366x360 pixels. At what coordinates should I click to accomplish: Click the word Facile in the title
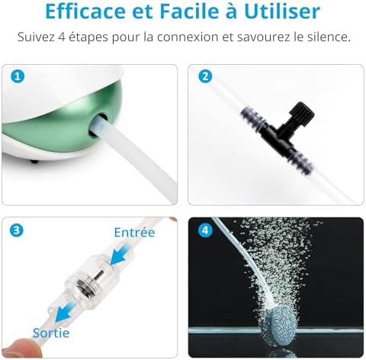[x=182, y=11]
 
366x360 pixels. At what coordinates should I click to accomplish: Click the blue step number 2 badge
[x=204, y=77]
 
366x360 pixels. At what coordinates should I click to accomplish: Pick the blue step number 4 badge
[x=204, y=230]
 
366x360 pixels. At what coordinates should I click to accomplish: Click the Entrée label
[x=134, y=232]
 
